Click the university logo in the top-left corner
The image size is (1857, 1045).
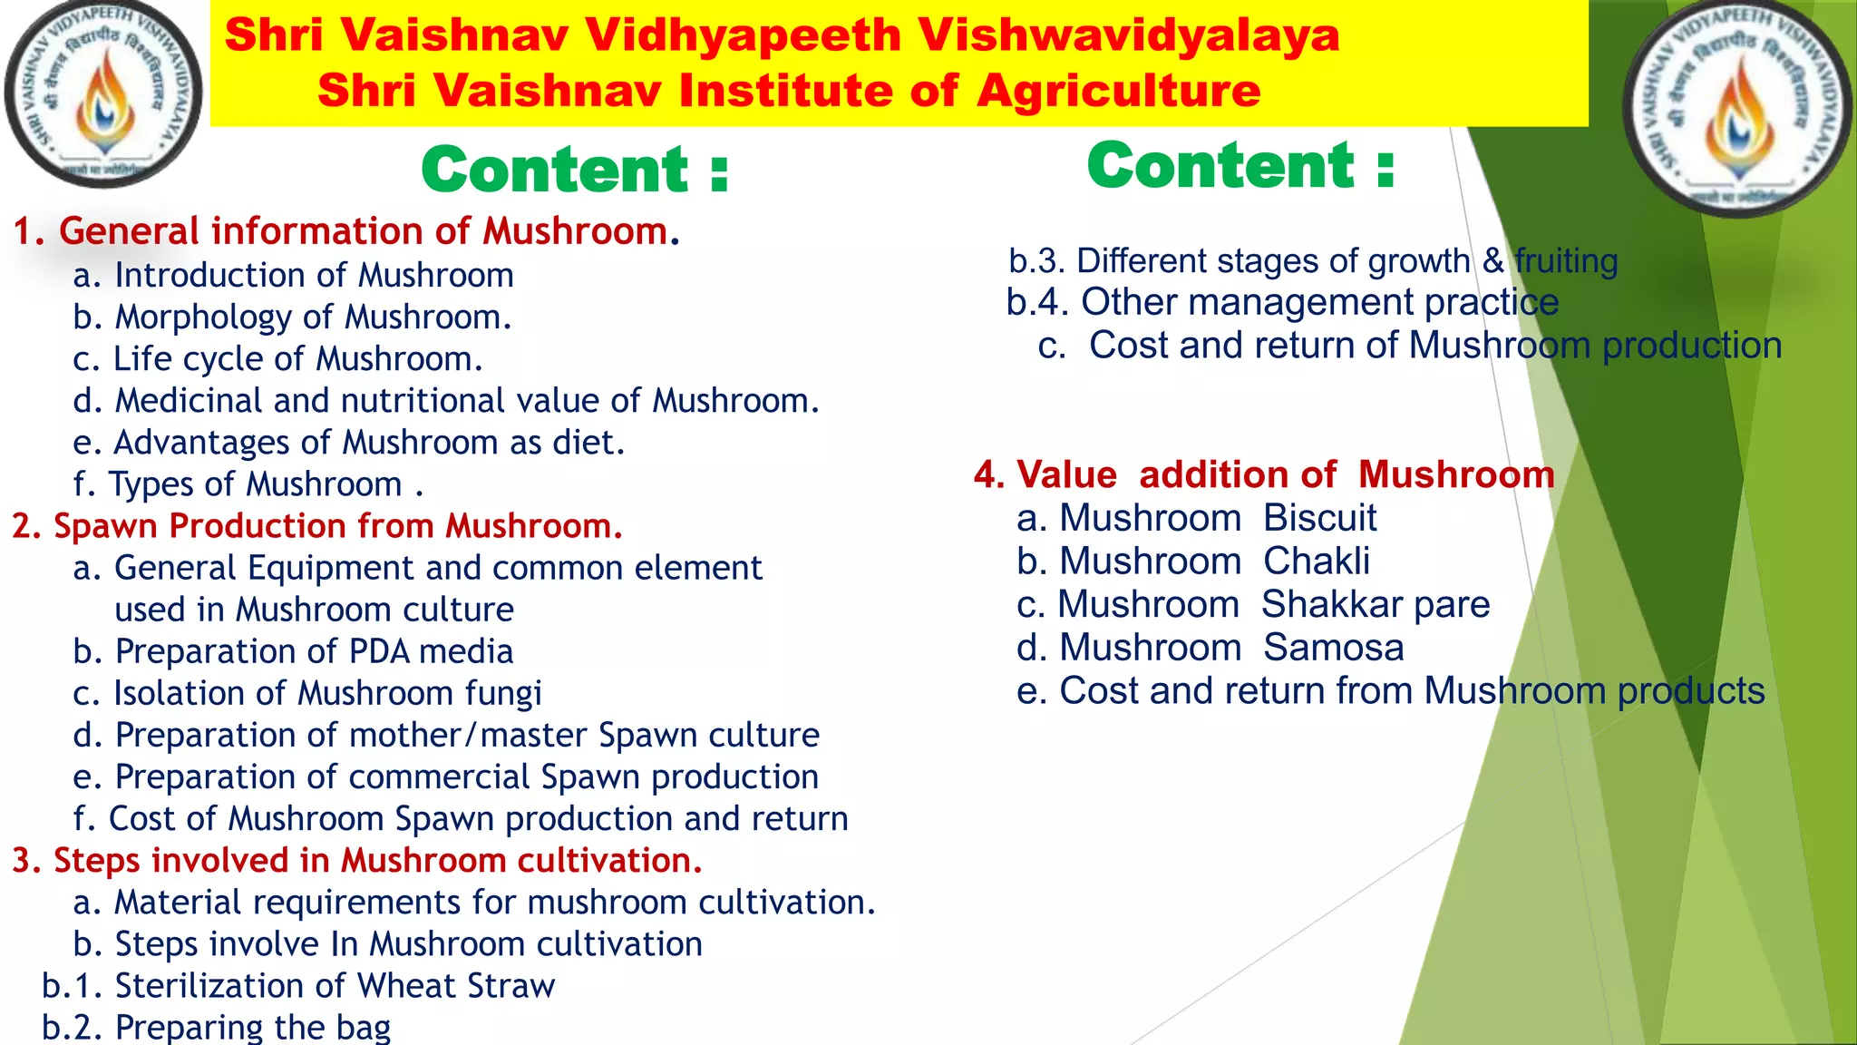point(102,94)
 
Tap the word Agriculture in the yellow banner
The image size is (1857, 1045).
point(1118,91)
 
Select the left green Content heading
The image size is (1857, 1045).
point(575,170)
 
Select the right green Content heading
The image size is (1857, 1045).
point(1240,165)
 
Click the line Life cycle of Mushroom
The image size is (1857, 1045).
point(277,359)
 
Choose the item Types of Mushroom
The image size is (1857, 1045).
point(248,484)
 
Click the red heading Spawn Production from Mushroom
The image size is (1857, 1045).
point(317,526)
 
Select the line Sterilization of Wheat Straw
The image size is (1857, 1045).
point(298,986)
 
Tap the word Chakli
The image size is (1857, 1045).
point(1316,562)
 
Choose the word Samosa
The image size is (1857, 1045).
point(1333,648)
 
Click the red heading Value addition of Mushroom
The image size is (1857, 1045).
point(1264,475)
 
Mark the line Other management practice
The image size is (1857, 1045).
point(1282,302)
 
